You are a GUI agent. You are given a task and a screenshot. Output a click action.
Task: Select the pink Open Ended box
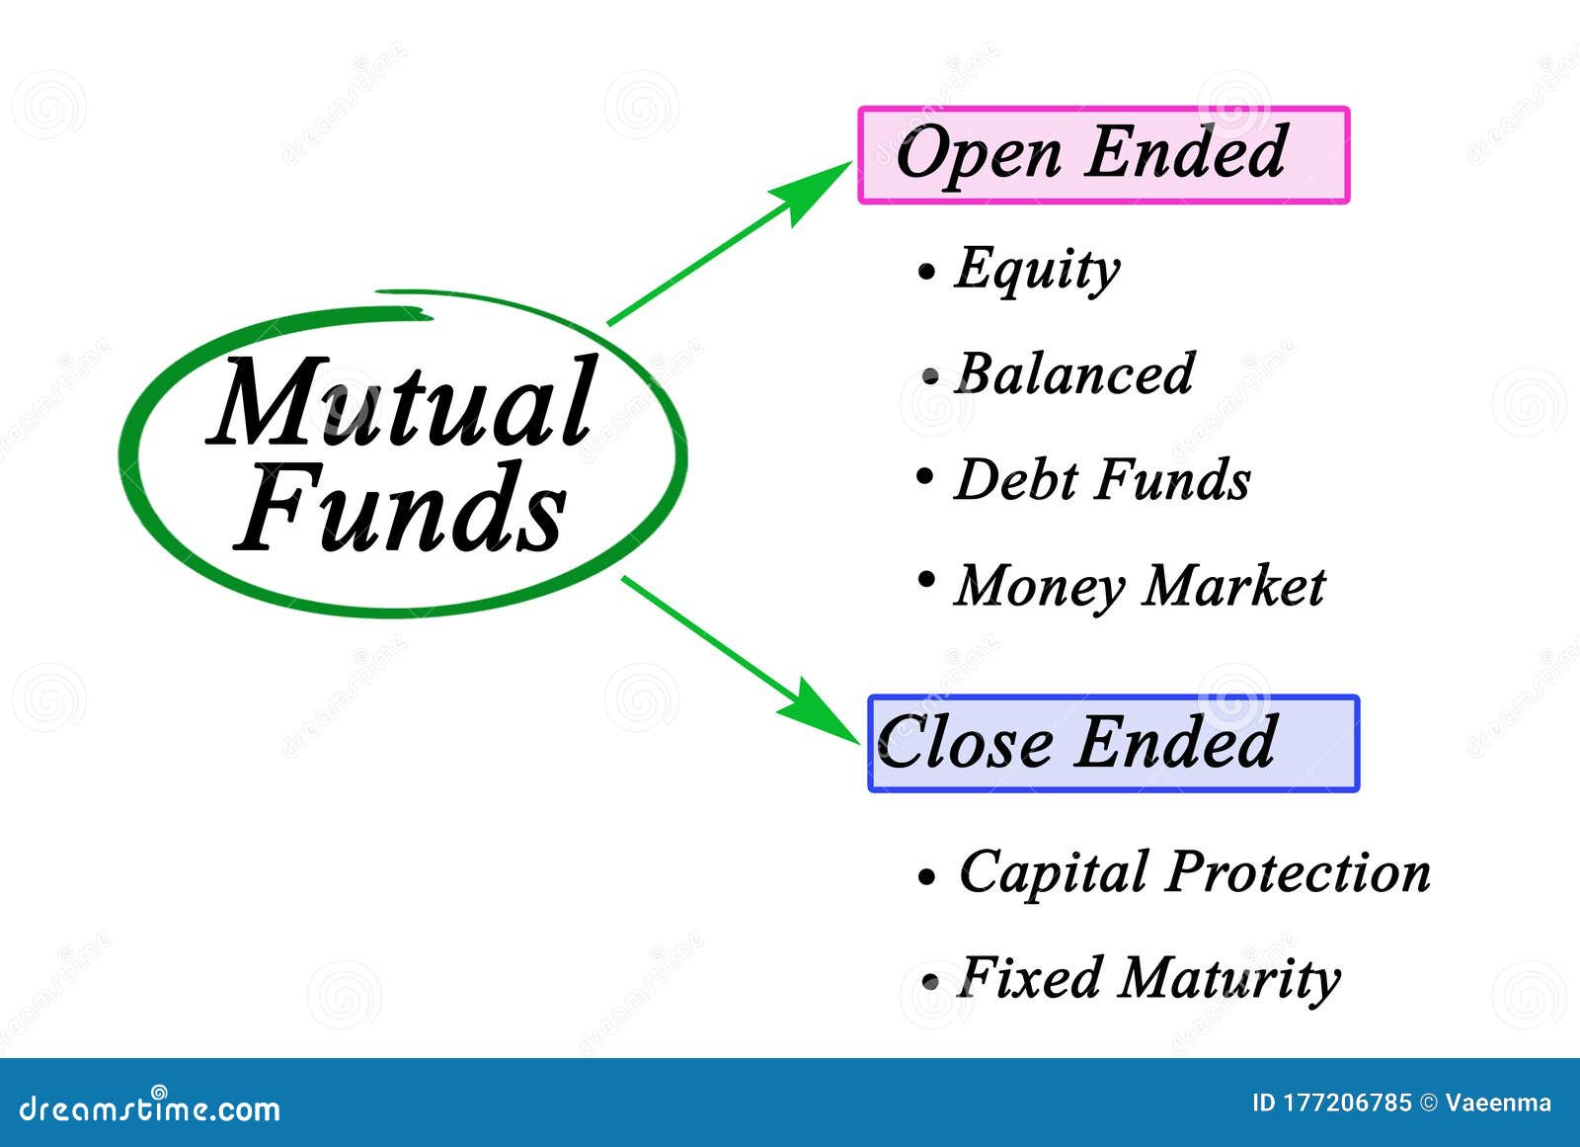tap(1103, 155)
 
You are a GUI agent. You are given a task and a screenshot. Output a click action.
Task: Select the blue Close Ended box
tap(1113, 743)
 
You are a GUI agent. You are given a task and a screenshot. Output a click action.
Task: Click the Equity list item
tap(1037, 268)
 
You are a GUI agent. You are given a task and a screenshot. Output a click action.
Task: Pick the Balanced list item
tap(1074, 373)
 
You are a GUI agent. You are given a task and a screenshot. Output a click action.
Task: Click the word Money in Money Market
tap(1040, 586)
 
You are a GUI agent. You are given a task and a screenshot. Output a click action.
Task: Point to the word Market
tap(1234, 585)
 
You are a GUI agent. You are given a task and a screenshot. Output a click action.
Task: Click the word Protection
tap(1299, 873)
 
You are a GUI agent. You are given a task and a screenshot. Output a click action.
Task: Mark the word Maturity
tap(1230, 978)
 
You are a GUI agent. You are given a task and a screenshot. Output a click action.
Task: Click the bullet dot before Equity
tap(925, 271)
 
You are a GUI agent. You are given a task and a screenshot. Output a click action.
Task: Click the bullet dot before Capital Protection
tap(926, 876)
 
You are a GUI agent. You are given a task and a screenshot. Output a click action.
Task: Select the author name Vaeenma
tap(1498, 1104)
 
